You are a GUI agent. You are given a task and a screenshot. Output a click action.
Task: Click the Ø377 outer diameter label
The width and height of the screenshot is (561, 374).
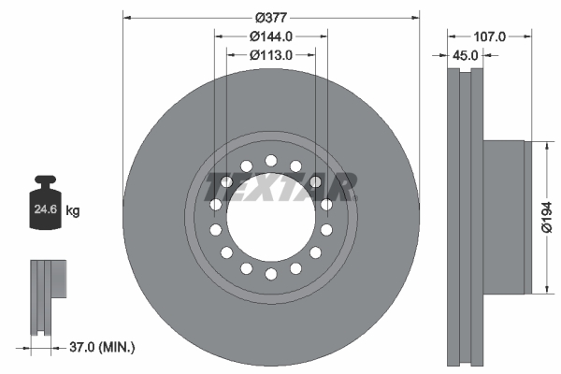pyautogui.click(x=271, y=16)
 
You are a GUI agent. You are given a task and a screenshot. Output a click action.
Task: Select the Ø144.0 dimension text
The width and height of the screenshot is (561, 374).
pyautogui.click(x=271, y=36)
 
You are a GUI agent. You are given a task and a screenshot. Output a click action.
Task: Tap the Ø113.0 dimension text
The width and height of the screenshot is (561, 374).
pyautogui.click(x=271, y=55)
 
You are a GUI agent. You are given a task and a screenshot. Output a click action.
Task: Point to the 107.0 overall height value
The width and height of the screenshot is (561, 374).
pyautogui.click(x=489, y=36)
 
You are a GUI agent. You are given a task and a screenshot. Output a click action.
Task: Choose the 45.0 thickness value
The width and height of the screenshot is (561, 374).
pyautogui.click(x=465, y=55)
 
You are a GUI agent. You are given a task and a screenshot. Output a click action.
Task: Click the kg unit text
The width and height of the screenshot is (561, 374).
pyautogui.click(x=73, y=211)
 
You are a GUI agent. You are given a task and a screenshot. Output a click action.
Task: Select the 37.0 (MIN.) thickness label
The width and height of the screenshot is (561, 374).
pyautogui.click(x=101, y=347)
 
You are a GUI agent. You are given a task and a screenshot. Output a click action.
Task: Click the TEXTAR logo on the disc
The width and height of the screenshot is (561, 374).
pyautogui.click(x=280, y=187)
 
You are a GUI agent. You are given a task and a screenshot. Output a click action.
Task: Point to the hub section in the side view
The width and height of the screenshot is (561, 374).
pyautogui.click(x=505, y=217)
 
